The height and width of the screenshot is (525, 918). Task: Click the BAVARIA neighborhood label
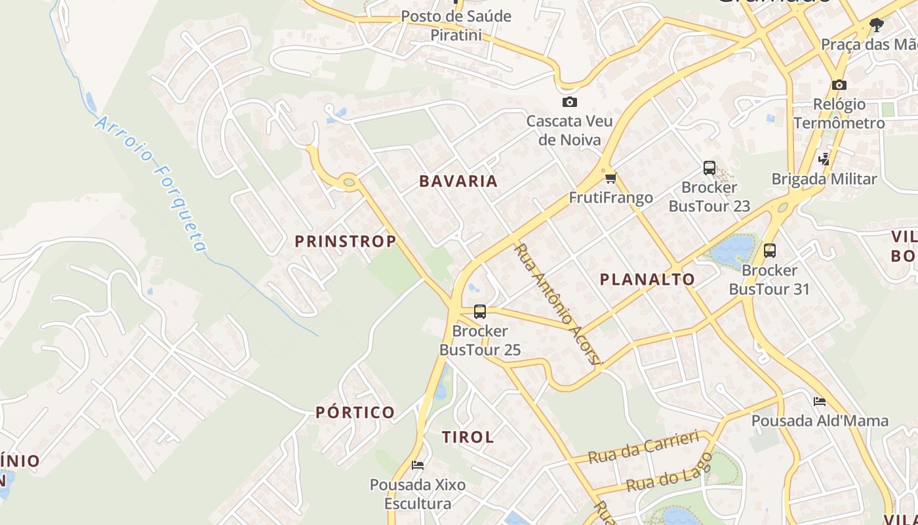458,181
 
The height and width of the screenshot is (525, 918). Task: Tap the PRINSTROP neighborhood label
346,241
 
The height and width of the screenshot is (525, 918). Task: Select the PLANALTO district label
647,280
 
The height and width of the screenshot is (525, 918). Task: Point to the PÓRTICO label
355,413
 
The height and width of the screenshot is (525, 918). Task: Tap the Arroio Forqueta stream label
151,184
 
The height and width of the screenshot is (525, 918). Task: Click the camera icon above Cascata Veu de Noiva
569,102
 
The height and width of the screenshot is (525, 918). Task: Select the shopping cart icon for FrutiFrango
610,178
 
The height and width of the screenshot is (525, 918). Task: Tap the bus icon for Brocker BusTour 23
709,167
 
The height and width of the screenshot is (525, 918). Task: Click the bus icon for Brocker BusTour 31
769,250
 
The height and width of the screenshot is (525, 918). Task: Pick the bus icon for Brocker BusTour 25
480,311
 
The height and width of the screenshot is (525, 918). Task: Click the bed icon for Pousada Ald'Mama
819,401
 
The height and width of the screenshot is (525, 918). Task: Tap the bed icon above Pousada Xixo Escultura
417,465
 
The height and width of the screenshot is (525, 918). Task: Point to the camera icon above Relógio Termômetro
839,85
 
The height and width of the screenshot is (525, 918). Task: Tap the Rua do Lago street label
669,473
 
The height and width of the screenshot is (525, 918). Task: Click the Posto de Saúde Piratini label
456,25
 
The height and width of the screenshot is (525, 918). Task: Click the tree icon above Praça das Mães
876,25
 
